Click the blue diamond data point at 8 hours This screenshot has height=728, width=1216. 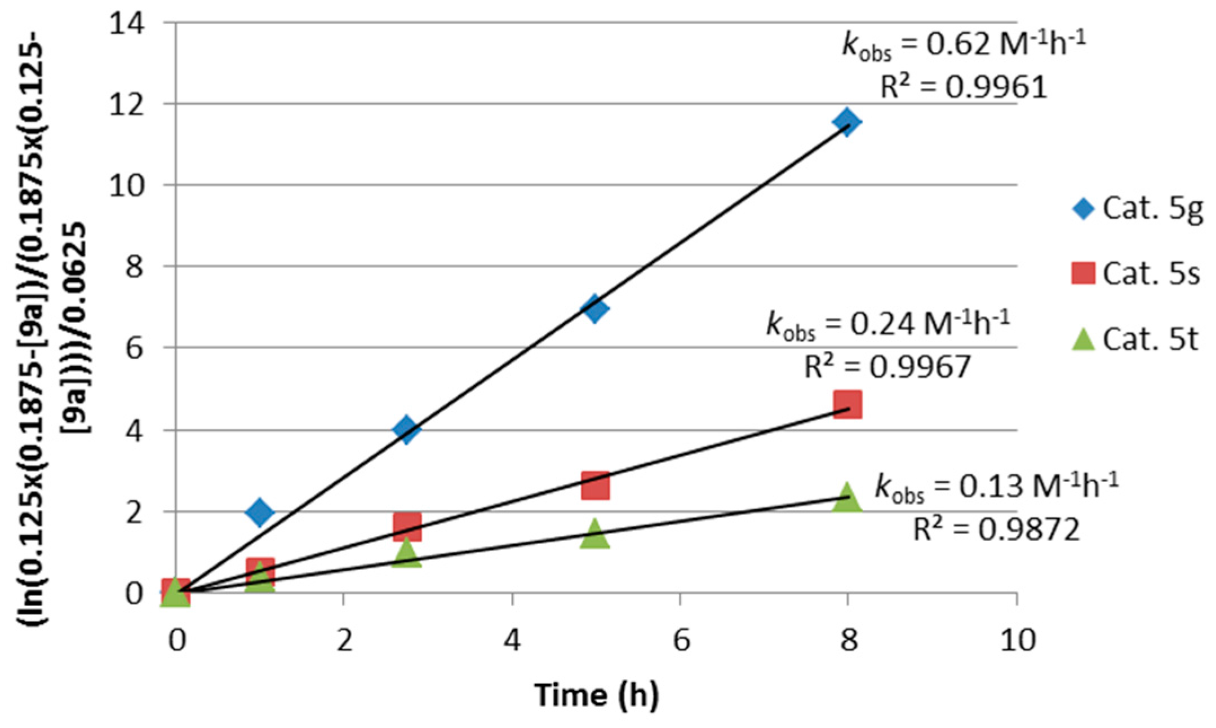(x=847, y=121)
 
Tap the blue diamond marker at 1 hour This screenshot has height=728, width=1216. (x=260, y=512)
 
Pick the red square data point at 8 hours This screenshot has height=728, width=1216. (x=847, y=404)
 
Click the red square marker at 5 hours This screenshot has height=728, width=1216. (x=595, y=486)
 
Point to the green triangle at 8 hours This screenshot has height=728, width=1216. (x=847, y=498)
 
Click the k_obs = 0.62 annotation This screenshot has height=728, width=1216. (x=964, y=44)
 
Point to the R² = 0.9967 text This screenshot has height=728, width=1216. (x=887, y=367)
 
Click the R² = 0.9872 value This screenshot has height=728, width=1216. (x=996, y=530)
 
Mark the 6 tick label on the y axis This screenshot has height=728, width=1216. (x=134, y=348)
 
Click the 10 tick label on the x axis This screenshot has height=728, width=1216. (x=1017, y=640)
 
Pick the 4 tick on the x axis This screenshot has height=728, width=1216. (x=512, y=640)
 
